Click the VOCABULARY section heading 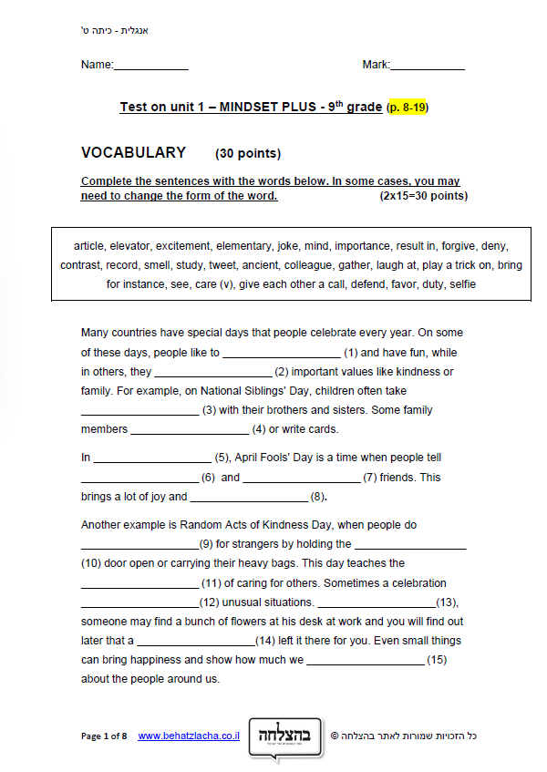(x=133, y=153)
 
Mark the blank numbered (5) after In (x=152, y=458)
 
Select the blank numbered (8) (x=249, y=498)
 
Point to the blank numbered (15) (x=365, y=660)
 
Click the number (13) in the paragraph (x=446, y=602)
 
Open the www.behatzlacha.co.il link (x=189, y=736)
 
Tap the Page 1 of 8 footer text (x=104, y=736)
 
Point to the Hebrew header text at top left (x=115, y=31)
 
